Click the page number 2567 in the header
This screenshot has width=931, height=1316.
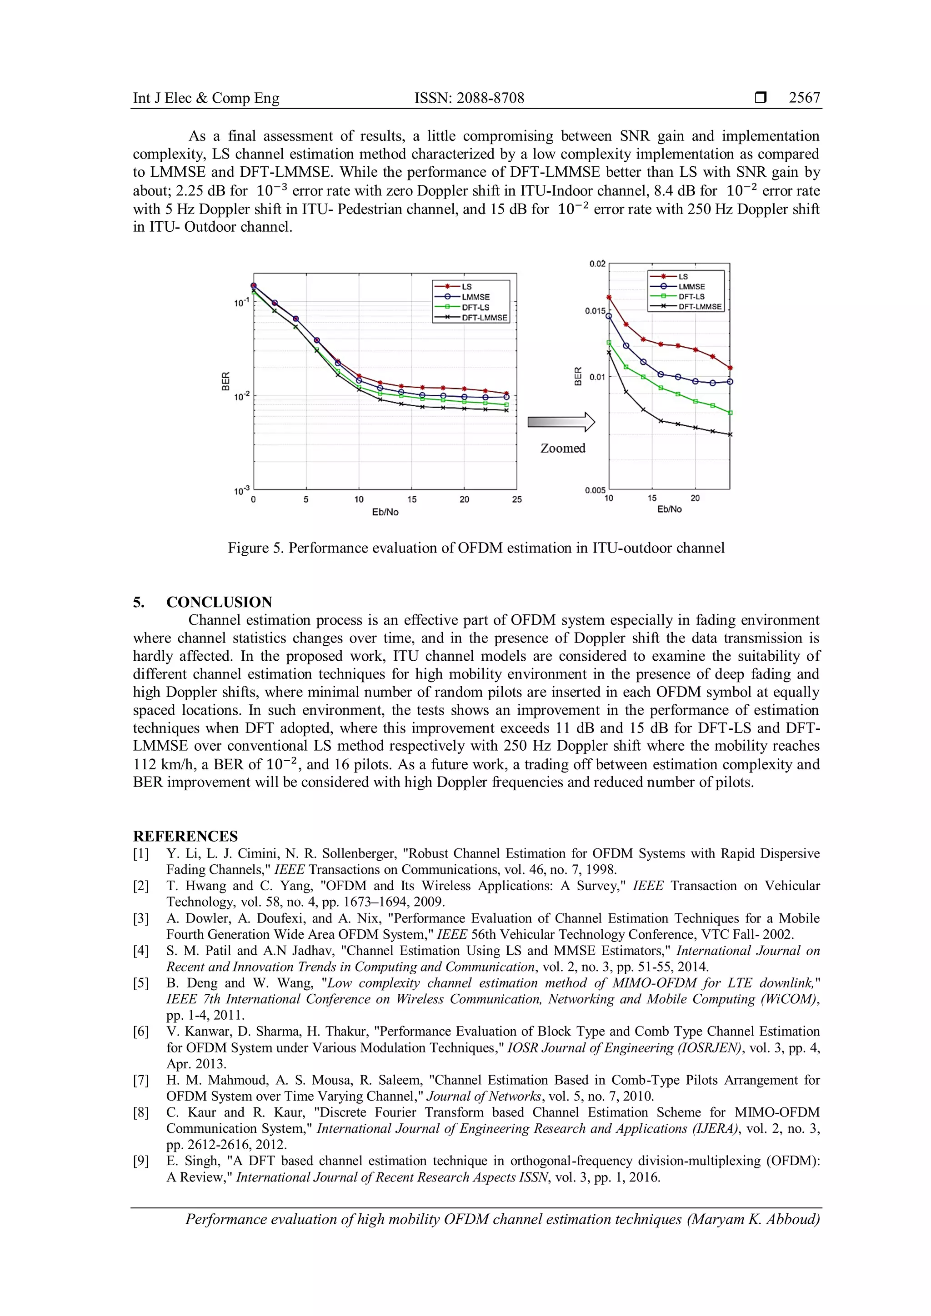point(804,98)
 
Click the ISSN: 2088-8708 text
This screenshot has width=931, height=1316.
point(469,98)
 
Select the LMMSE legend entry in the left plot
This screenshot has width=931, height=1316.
point(475,297)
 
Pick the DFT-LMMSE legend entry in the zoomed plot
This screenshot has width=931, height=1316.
point(700,307)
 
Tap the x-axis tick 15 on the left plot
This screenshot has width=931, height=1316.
point(411,499)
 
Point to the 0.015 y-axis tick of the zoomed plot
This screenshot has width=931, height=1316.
point(595,311)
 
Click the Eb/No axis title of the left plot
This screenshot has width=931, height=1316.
point(385,512)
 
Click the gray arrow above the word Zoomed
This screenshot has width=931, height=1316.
point(561,423)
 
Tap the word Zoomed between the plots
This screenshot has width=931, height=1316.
point(562,448)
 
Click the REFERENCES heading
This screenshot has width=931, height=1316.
point(185,836)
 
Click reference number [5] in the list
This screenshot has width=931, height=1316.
point(141,983)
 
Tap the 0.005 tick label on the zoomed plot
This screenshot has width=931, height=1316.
point(595,490)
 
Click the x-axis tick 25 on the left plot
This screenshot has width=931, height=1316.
point(516,499)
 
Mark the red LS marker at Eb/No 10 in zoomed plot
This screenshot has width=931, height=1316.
point(609,298)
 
